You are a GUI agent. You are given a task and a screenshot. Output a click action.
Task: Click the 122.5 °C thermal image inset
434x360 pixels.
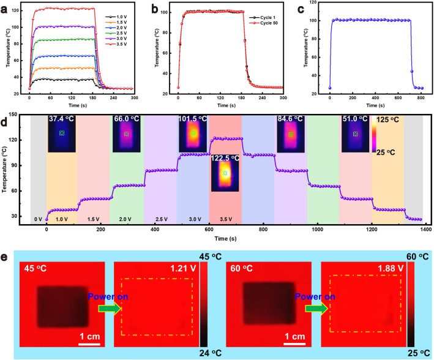pyautogui.click(x=225, y=173)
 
